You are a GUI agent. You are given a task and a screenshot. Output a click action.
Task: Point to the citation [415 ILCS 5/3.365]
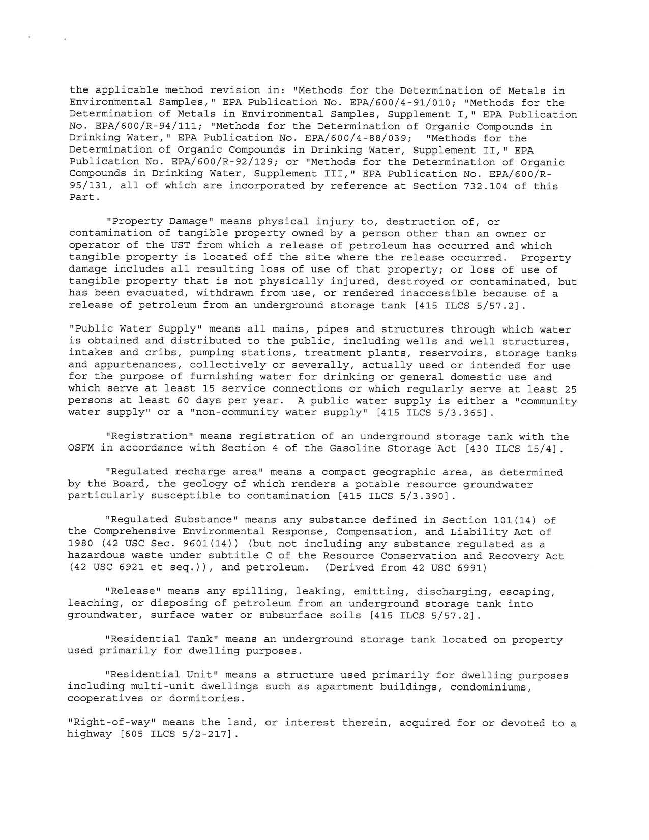(x=434, y=412)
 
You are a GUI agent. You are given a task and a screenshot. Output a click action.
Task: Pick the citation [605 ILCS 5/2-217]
(x=171, y=735)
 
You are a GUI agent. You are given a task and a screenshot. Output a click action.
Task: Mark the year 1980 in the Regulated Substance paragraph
(x=80, y=544)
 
